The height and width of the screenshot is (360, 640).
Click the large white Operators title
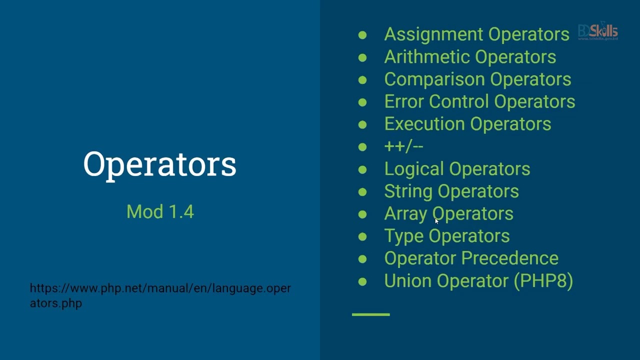click(159, 164)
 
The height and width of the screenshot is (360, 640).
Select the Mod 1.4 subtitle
click(160, 211)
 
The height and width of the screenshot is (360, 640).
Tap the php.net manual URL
click(160, 295)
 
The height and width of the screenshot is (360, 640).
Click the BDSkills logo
click(598, 31)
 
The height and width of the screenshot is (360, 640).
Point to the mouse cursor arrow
click(436, 220)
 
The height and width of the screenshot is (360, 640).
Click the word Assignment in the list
click(434, 34)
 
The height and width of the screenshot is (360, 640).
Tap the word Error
click(404, 101)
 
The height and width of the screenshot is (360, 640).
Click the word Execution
click(424, 124)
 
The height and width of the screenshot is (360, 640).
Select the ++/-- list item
click(403, 146)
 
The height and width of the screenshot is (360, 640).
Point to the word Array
click(405, 214)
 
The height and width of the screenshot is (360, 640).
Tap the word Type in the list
click(403, 236)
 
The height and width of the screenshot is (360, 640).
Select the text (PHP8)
click(543, 280)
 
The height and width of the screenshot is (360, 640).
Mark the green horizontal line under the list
click(370, 314)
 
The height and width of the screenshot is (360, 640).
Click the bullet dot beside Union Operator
click(362, 281)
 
